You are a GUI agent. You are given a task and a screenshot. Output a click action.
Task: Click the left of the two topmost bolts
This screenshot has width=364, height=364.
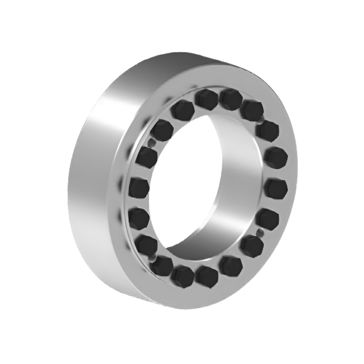click(206, 99)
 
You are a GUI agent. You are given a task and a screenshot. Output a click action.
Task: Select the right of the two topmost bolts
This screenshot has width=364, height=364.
click(231, 99)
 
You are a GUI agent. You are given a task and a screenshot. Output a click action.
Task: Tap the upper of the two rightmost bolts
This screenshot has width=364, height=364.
click(276, 158)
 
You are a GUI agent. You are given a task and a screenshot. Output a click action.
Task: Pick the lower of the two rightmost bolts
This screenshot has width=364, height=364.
click(276, 188)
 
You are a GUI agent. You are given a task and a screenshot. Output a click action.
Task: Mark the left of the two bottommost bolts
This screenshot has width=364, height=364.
click(182, 276)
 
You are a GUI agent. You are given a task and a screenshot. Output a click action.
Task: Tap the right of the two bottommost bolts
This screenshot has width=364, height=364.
click(207, 276)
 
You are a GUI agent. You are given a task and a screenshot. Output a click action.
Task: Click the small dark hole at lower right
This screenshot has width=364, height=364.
click(260, 232)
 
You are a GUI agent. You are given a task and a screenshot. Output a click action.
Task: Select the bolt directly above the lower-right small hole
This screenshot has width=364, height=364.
click(268, 219)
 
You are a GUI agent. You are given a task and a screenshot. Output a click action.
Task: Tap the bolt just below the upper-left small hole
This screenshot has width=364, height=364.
click(147, 157)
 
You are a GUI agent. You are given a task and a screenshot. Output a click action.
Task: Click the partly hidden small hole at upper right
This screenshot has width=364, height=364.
click(262, 118)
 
